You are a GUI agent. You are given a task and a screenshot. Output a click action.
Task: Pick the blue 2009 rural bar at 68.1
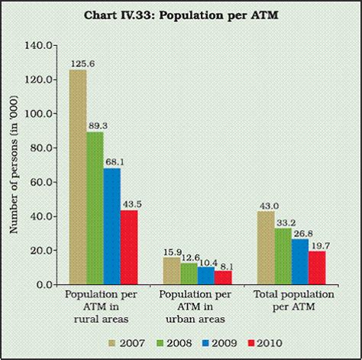[113, 226]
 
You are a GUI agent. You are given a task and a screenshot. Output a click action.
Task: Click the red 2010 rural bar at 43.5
[131, 247]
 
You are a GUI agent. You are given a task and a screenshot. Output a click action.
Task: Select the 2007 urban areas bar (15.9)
[172, 271]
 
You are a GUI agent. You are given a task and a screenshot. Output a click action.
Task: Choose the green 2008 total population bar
[283, 256]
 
